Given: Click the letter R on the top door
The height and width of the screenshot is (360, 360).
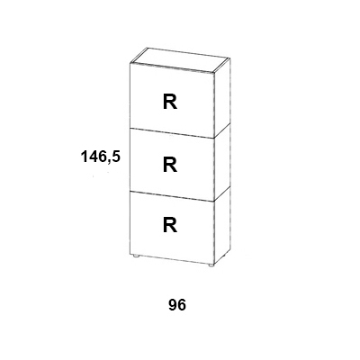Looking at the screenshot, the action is [x=170, y=102].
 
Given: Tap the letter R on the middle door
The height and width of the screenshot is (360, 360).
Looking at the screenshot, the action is [x=170, y=165].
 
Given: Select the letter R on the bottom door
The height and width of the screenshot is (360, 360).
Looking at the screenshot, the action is [x=170, y=225].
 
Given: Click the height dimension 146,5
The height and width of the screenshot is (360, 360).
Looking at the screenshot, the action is [x=101, y=157].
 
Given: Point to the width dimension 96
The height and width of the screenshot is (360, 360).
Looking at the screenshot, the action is [x=177, y=305].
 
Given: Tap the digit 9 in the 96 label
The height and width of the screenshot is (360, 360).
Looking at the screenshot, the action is [x=173, y=305].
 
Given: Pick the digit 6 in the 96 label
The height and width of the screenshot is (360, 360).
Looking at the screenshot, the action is [x=182, y=305].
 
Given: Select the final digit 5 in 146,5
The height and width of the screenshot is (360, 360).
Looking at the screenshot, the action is [x=116, y=157].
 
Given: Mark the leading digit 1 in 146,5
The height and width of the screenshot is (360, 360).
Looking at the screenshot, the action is [x=85, y=157].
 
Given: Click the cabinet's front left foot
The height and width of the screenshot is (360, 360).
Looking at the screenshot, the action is [x=136, y=256].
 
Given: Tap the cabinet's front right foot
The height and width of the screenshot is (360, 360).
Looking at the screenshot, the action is [x=211, y=265].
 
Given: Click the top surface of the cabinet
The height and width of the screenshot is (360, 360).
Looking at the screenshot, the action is [x=180, y=60].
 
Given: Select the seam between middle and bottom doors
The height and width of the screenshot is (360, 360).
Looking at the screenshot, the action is [x=172, y=194].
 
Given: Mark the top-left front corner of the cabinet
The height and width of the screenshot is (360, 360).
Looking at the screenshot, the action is [x=130, y=63].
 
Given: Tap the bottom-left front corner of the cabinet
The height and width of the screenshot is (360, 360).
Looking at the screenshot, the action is [x=130, y=255].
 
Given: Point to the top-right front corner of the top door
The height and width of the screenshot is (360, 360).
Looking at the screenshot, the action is [x=214, y=73].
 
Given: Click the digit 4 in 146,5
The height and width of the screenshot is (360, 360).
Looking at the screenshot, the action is [x=93, y=157].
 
